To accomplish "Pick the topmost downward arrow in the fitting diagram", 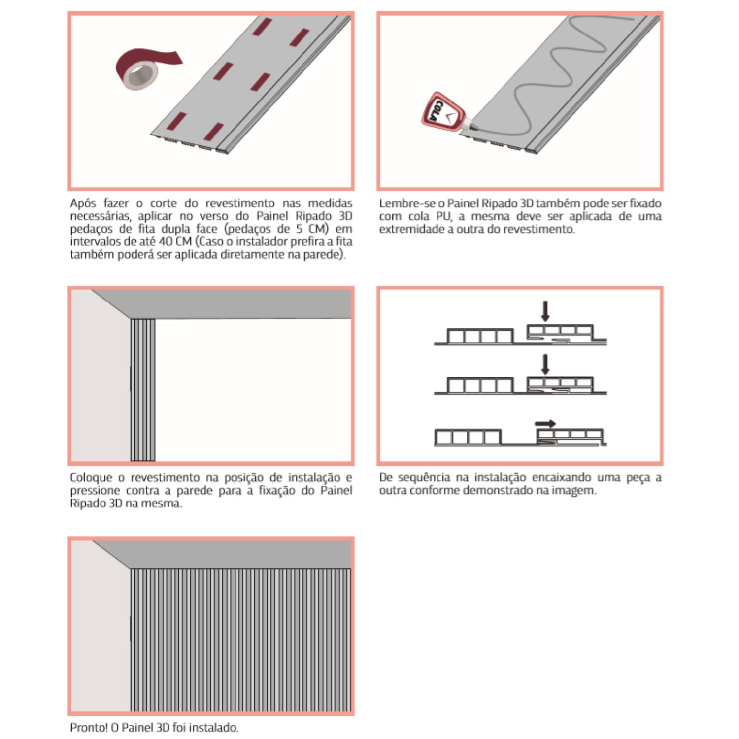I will coord(545,311).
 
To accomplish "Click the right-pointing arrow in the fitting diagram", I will coord(545,423).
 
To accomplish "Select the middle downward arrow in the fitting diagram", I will coord(545,364).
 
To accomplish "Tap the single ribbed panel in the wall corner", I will coord(143,389).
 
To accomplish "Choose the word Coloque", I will coord(91,477).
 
